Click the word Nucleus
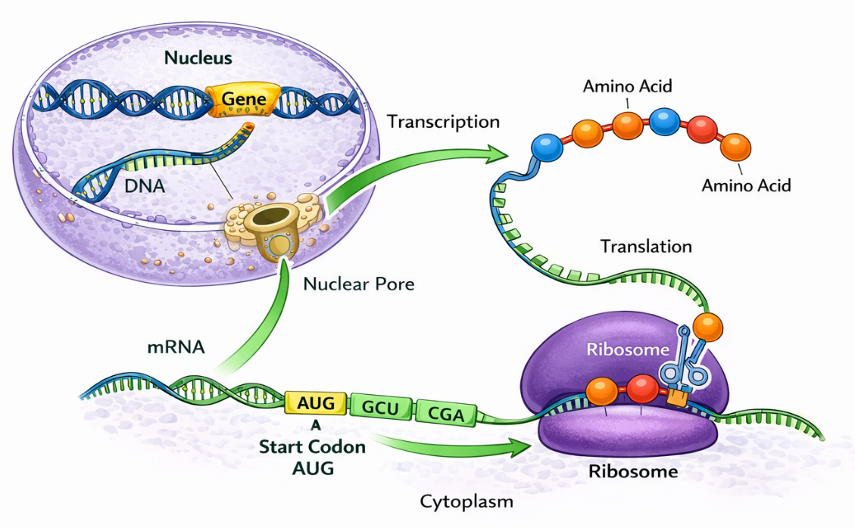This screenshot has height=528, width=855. [x=198, y=57]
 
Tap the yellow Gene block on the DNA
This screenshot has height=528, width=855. [x=243, y=99]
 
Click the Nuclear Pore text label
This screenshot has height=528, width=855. [x=358, y=284]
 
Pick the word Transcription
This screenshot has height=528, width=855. [x=443, y=122]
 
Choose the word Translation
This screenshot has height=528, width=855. [x=646, y=247]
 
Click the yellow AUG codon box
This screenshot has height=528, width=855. [x=315, y=403]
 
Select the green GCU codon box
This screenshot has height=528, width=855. [x=379, y=408]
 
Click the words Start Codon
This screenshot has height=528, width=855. [x=312, y=446]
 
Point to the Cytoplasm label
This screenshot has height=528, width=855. [x=467, y=501]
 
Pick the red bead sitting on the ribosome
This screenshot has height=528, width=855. [x=642, y=388]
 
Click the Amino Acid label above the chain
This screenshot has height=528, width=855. [x=627, y=85]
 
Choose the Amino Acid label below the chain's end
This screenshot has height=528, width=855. [x=746, y=185]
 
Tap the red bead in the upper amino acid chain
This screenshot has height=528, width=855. [x=702, y=129]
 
